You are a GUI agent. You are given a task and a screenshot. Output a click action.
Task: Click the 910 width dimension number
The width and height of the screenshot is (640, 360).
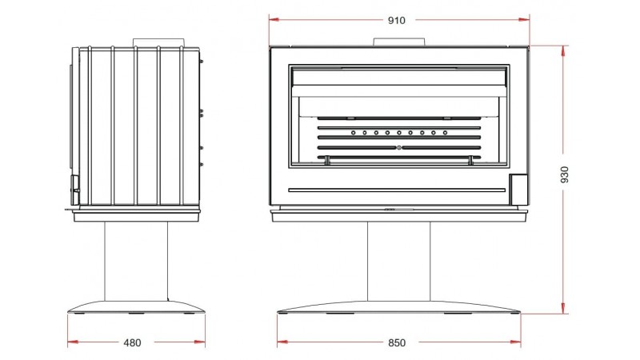point(396,21)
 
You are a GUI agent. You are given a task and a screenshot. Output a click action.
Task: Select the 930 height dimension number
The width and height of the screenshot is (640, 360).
point(564,174)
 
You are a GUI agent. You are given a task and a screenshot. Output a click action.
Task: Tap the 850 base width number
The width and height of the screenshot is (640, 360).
point(397,343)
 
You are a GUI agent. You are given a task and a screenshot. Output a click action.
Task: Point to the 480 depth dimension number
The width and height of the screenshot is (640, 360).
point(132,343)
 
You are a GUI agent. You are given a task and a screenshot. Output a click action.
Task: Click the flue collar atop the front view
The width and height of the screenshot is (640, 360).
point(399,42)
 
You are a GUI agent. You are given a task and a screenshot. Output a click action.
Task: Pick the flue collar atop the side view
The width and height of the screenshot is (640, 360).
point(158,43)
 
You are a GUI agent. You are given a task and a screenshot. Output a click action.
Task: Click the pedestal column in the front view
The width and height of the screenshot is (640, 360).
point(398,262)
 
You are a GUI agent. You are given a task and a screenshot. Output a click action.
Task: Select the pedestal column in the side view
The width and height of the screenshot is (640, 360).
point(136,262)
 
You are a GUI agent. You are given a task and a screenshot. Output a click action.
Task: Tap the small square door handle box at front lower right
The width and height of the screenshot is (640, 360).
point(518,190)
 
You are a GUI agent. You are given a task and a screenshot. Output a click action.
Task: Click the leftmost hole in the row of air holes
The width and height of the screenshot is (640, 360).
point(354,133)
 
